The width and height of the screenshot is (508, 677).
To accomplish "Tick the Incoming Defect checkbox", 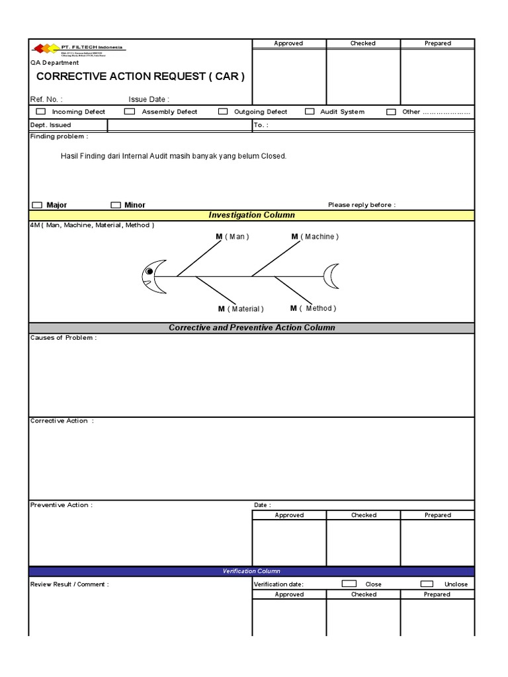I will click(x=41, y=112).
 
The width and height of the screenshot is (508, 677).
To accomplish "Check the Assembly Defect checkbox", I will click(x=130, y=112).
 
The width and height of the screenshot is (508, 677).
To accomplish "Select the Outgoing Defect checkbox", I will click(x=223, y=112).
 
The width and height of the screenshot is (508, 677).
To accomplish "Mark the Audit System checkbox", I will click(x=310, y=112).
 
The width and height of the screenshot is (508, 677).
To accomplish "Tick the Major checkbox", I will click(x=37, y=205).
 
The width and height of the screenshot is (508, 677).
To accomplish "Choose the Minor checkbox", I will click(x=116, y=205).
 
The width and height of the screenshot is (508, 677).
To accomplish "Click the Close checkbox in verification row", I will click(x=349, y=584).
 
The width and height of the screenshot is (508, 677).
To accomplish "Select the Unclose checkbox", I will click(x=427, y=584).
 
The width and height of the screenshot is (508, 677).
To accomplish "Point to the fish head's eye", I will click(x=150, y=271).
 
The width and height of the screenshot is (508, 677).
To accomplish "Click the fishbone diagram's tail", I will click(x=331, y=276).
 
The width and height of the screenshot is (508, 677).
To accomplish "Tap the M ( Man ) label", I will click(x=232, y=237).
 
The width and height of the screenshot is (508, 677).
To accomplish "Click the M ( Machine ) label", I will click(x=315, y=237).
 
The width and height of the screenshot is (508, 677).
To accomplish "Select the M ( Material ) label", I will click(x=241, y=309).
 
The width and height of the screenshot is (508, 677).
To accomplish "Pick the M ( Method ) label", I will click(x=313, y=308).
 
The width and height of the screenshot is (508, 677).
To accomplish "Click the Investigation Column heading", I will click(x=251, y=215).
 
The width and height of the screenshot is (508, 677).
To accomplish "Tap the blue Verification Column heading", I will click(x=251, y=571).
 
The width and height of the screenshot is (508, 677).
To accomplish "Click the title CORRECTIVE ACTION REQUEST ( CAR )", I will click(x=140, y=76).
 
